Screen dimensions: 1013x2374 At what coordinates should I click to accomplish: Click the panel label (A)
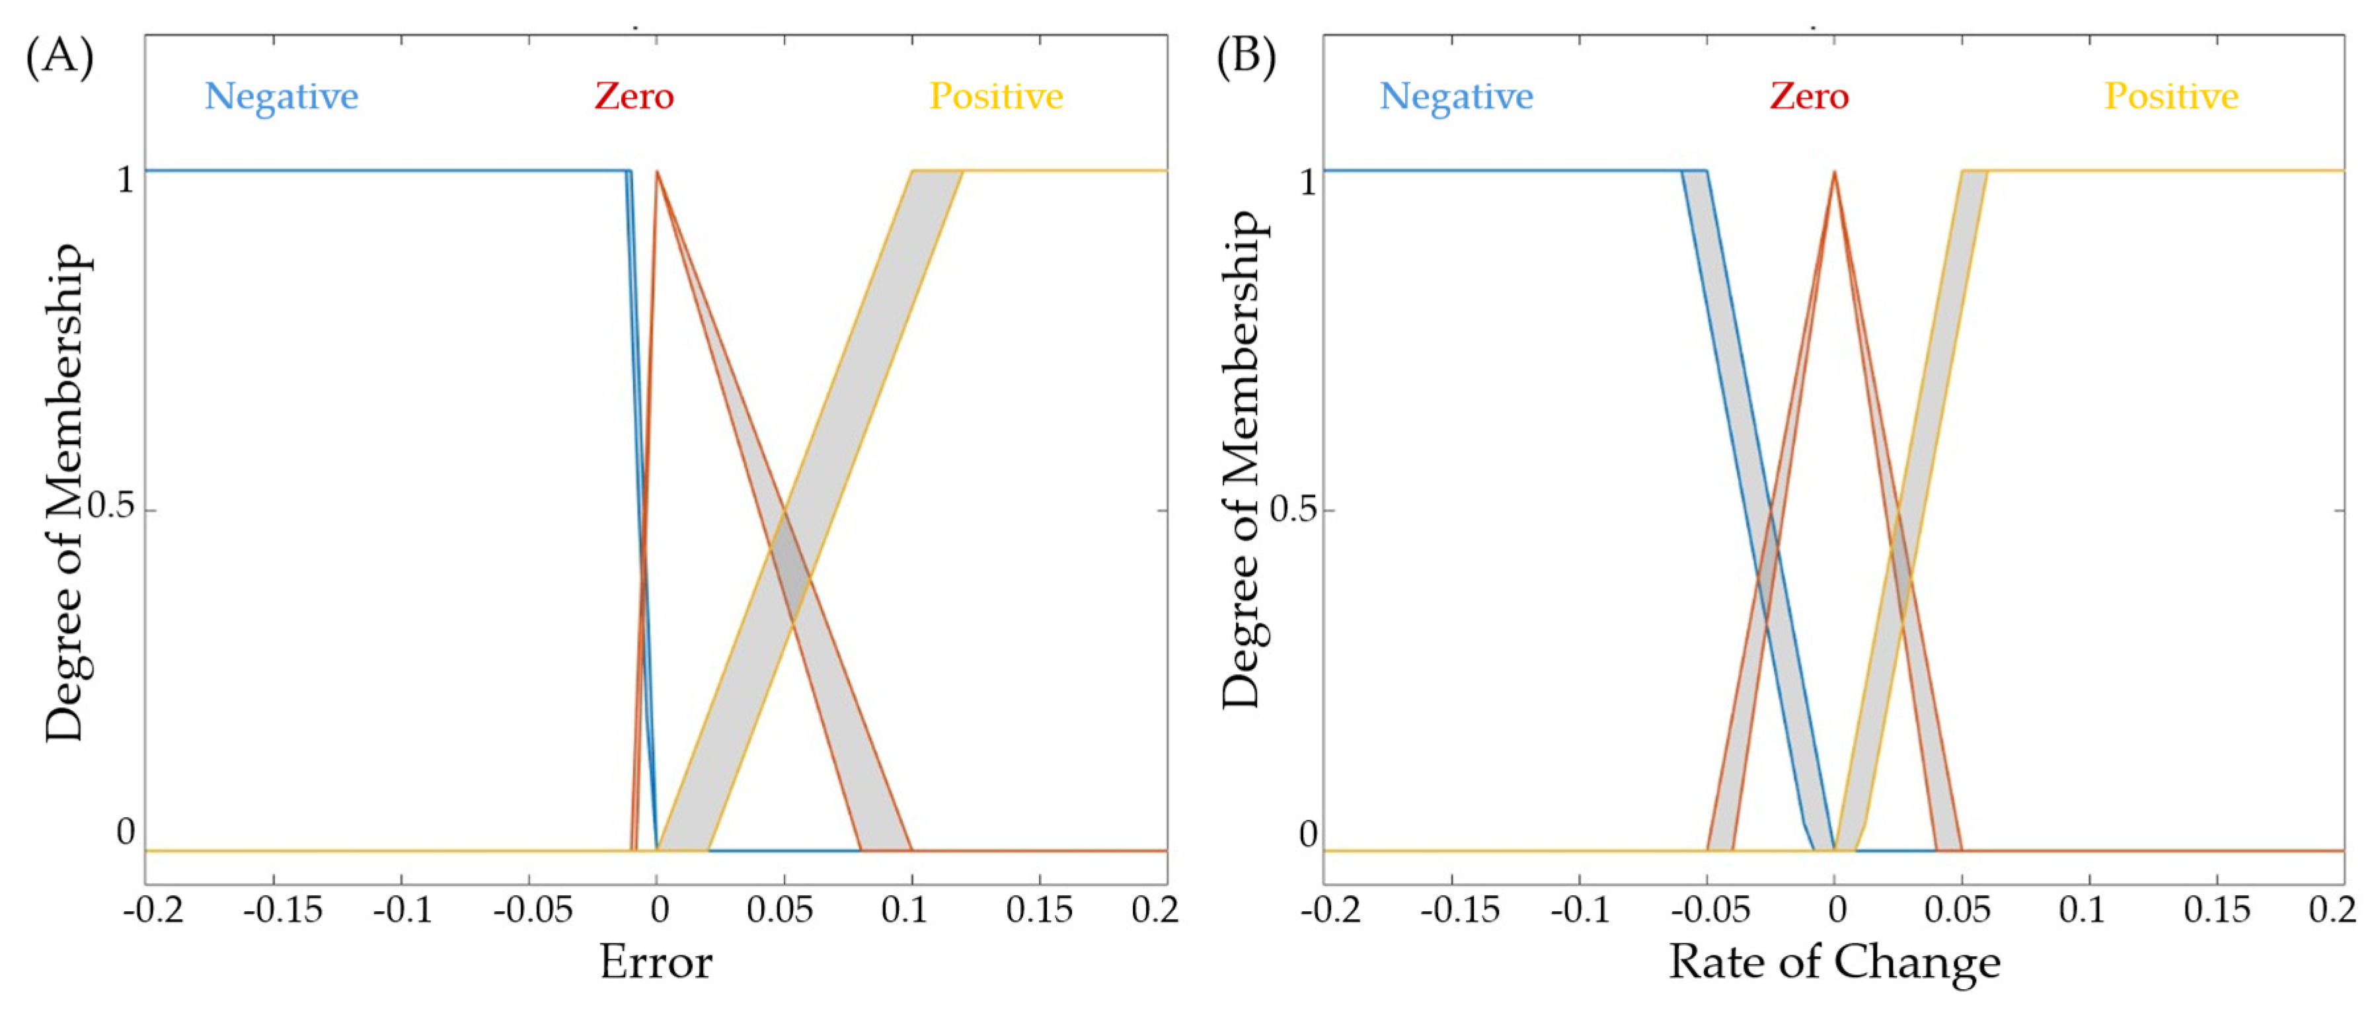click(x=59, y=57)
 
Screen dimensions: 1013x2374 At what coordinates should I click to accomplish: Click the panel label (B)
click(x=1246, y=57)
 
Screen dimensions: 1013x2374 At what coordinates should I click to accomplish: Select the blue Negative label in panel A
click(x=281, y=96)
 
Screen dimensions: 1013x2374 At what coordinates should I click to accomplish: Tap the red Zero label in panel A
click(x=634, y=96)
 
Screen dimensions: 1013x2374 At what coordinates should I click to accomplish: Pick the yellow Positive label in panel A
click(x=995, y=96)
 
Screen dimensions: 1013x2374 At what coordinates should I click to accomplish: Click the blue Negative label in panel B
click(x=1456, y=96)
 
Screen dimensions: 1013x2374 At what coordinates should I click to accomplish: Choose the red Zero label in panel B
click(x=1809, y=96)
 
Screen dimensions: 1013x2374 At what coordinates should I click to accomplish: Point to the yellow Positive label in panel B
click(x=2171, y=96)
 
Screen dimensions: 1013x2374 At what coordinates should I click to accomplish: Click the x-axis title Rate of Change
click(x=1834, y=962)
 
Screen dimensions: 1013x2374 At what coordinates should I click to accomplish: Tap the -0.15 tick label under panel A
click(x=282, y=911)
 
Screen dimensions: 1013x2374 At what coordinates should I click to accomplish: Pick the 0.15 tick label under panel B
click(x=2217, y=911)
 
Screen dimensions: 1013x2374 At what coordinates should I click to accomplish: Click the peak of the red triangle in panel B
click(x=1834, y=171)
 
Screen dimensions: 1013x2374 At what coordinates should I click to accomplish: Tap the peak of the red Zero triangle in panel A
click(x=656, y=171)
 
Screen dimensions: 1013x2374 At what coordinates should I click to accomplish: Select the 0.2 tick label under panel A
click(x=1155, y=911)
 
